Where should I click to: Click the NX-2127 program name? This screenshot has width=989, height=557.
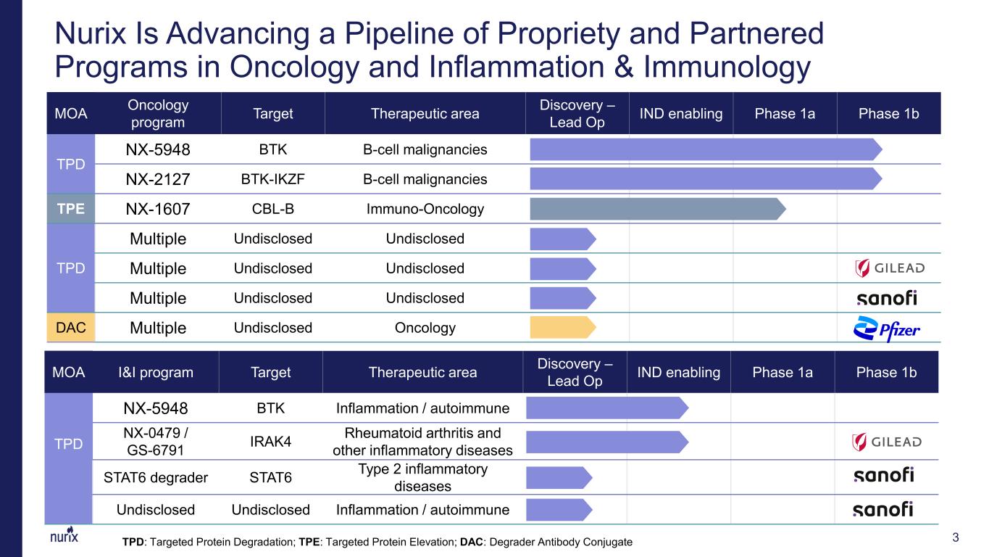tap(158, 179)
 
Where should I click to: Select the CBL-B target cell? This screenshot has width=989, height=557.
tap(273, 209)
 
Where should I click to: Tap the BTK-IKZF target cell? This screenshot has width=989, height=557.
tap(273, 179)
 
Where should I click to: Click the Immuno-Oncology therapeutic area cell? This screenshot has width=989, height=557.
tap(425, 209)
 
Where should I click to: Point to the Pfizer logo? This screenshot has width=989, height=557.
tap(887, 329)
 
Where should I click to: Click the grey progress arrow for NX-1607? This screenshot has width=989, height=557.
tap(658, 209)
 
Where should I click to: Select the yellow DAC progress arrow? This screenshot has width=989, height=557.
tap(563, 328)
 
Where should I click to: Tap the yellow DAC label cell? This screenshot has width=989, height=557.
tap(71, 328)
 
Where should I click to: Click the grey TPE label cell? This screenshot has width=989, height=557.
tap(71, 209)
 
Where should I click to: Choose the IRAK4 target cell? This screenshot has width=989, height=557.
tap(271, 441)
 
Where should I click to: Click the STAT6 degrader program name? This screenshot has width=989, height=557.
tap(155, 477)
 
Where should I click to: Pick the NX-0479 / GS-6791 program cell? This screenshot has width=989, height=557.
tap(155, 441)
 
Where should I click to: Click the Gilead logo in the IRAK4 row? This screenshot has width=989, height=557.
tap(887, 442)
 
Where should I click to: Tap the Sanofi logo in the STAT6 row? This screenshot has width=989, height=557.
tap(883, 475)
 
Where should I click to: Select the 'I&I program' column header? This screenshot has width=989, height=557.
tap(155, 372)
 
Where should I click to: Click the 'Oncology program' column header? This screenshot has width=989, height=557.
tap(158, 114)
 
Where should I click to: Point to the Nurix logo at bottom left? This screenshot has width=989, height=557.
tap(64, 535)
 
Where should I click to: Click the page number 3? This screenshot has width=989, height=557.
tap(956, 537)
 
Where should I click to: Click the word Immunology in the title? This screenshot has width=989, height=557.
tap(727, 67)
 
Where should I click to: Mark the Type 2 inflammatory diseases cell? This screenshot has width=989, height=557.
tap(422, 477)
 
